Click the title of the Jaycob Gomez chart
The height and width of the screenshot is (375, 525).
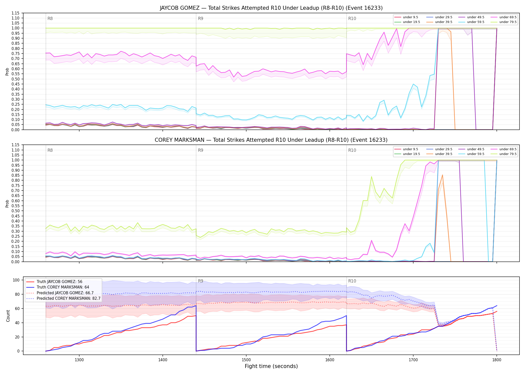(271, 8)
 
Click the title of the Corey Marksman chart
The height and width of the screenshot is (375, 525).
(271, 140)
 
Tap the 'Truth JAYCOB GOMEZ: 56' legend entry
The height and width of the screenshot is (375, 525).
(54, 281)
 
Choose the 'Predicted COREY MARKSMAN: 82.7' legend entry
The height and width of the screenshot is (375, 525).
(63, 298)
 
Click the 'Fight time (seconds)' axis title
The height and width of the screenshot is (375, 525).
(271, 366)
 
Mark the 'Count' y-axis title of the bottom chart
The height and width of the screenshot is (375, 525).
(8, 316)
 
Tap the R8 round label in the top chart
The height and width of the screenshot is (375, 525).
(50, 18)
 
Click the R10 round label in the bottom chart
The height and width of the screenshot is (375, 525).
(352, 281)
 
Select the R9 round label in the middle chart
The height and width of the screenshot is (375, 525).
(200, 150)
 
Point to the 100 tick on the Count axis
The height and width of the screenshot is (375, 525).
(16, 280)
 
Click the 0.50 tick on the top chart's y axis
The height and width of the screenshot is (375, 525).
(15, 79)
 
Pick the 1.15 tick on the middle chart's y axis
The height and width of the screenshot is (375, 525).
(15, 145)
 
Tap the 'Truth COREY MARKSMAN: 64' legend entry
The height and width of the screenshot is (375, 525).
(57, 287)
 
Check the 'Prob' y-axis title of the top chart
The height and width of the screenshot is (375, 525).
(7, 72)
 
